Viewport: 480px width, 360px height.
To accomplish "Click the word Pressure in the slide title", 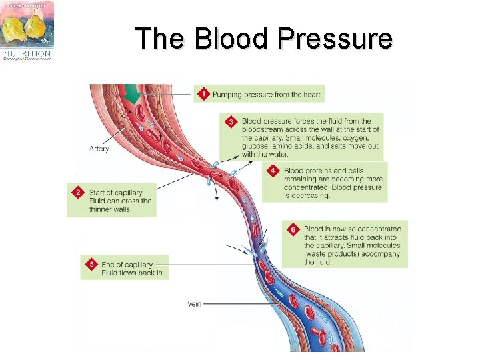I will coord(336,39).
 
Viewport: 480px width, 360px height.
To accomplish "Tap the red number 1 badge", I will coord(203,95).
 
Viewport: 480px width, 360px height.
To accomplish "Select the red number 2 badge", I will coord(78,193).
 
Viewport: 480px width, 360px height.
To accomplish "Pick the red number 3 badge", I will coord(231,121).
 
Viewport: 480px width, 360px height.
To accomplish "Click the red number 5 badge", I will coord(91,265).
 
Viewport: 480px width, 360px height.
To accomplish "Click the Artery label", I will coord(99,149).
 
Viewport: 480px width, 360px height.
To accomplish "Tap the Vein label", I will coord(194,304).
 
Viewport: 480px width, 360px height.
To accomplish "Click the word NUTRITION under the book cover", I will coord(27,52).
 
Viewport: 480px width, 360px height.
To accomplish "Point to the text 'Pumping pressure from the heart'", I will coord(267,95).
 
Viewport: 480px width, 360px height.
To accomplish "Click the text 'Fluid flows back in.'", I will coord(133,273).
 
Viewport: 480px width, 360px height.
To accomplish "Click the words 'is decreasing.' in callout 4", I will coord(307,195).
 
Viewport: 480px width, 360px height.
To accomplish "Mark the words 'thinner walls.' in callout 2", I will coord(111,209).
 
